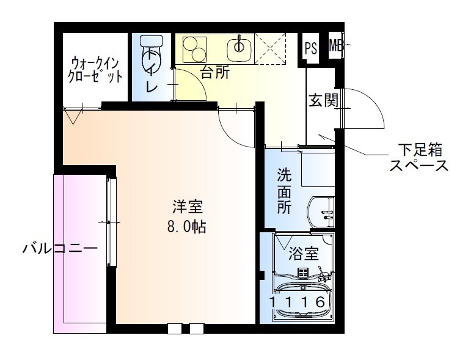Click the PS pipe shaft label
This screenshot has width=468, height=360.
tap(310, 48)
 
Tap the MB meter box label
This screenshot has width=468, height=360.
tap(335, 45)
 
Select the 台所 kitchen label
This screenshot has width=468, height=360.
tap(215, 73)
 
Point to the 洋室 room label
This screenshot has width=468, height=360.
tap(187, 207)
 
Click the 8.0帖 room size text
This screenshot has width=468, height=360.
tap(186, 228)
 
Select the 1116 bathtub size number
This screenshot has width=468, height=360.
tap(298, 301)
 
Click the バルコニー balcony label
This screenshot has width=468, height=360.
tap(60, 249)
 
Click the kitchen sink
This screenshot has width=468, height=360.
tap(239, 46)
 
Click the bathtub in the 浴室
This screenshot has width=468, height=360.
tap(302, 299)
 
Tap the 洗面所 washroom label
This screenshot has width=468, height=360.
tap(285, 190)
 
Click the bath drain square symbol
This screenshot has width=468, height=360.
tap(302, 273)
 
